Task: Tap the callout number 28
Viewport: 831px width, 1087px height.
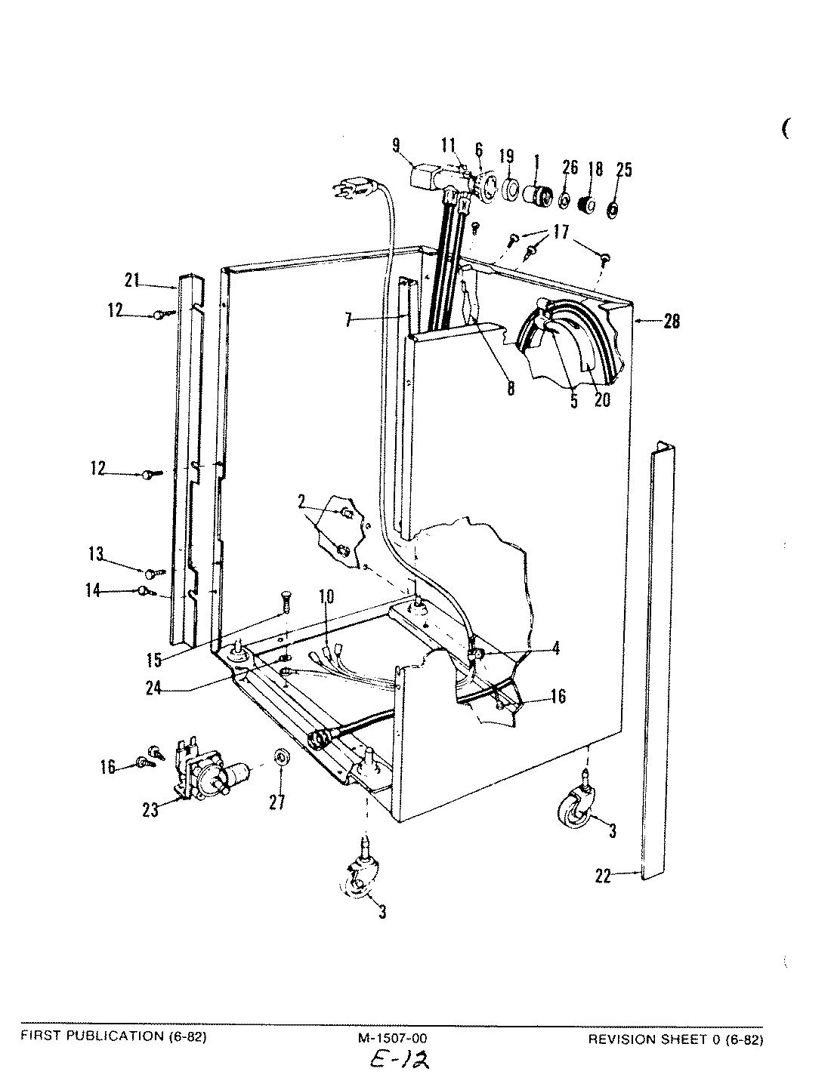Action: pos(672,322)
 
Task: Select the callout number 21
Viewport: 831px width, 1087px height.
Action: pos(133,282)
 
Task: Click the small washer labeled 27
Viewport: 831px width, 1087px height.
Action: pos(280,756)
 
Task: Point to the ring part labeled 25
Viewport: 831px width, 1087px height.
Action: pos(613,208)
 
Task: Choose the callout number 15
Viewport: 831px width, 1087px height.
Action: pos(153,660)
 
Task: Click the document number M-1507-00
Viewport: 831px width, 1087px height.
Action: pos(392,1039)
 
